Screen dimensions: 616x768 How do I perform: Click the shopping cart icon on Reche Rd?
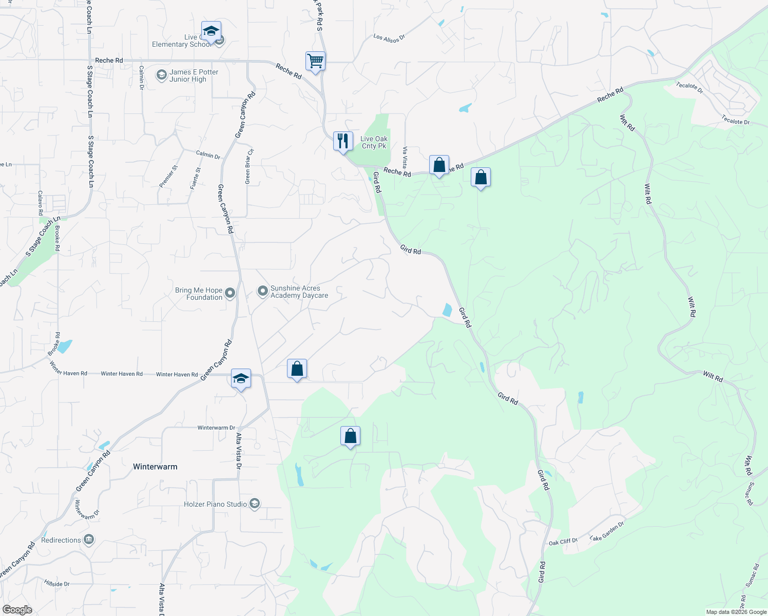click(315, 61)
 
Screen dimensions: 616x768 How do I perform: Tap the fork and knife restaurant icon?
click(343, 141)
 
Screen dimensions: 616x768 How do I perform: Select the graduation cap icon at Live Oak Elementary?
click(211, 31)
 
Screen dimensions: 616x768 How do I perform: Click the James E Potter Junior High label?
click(194, 76)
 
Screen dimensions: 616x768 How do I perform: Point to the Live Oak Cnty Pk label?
click(374, 142)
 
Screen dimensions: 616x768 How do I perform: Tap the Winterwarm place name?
click(155, 467)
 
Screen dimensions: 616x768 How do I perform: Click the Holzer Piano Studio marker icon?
click(255, 504)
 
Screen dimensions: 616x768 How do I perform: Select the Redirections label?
click(61, 540)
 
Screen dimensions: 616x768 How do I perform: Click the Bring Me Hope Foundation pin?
click(230, 293)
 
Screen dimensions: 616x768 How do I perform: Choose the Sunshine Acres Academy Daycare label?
click(299, 292)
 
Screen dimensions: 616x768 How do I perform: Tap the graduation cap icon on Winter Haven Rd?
click(241, 379)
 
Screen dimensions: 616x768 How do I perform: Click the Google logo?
click(17, 610)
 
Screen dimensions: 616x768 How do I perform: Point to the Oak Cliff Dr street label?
click(563, 542)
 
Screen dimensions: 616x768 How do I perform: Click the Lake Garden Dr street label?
click(607, 531)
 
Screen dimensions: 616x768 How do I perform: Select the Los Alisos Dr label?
click(389, 37)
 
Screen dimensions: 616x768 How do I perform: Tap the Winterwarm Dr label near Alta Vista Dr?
click(216, 428)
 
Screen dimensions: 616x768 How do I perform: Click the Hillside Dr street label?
click(57, 584)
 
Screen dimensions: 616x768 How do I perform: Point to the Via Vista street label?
click(405, 157)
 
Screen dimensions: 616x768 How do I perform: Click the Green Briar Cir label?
click(249, 166)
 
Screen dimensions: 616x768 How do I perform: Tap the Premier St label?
click(168, 176)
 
